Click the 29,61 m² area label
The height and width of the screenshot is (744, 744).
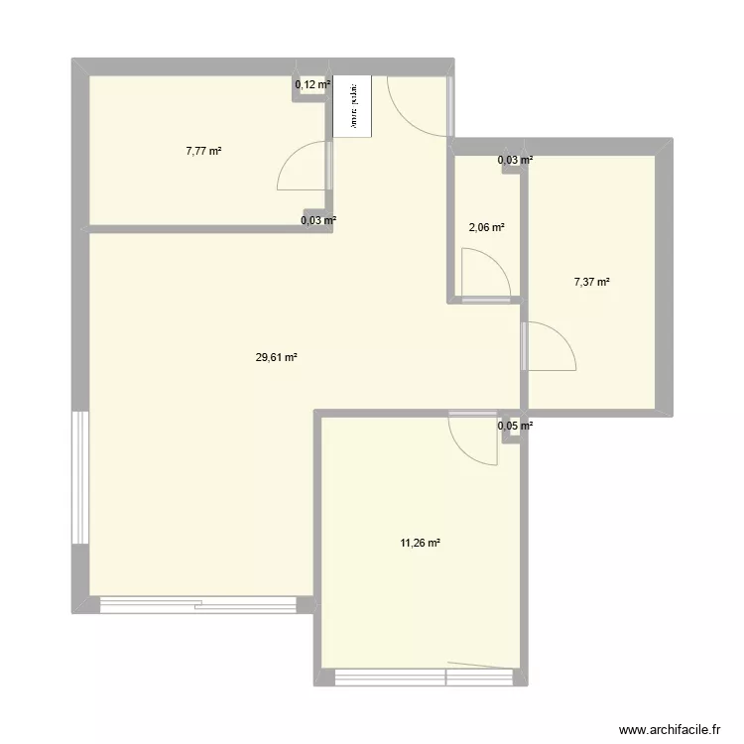click(x=277, y=359)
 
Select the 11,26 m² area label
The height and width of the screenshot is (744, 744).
click(x=422, y=543)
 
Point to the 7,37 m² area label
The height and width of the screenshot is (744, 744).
click(x=591, y=282)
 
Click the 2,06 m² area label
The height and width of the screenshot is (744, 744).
click(x=486, y=227)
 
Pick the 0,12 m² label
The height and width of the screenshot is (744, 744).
click(x=311, y=85)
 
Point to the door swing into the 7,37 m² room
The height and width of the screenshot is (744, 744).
click(x=552, y=346)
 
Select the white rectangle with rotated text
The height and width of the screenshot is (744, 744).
click(x=351, y=105)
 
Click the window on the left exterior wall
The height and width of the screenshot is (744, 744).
click(x=80, y=478)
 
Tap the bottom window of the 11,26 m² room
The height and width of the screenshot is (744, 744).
click(x=421, y=678)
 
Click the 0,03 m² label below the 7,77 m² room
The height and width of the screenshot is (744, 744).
click(x=318, y=220)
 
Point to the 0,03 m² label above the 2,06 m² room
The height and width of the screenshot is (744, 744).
click(x=515, y=160)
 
